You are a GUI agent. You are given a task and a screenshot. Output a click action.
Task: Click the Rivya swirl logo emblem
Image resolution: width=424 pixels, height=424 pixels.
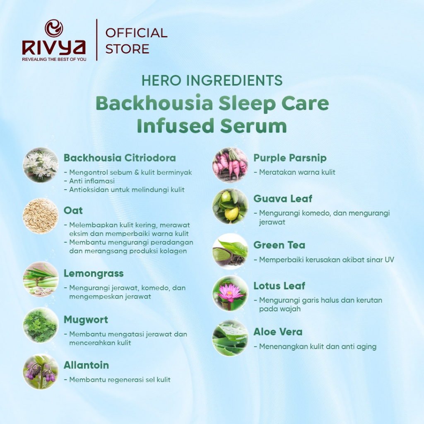[x=54, y=28]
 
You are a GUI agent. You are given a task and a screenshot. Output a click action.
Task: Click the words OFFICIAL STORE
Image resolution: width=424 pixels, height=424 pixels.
[x=136, y=41]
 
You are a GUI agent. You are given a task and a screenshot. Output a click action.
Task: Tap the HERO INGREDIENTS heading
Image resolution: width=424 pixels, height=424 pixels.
[x=212, y=80]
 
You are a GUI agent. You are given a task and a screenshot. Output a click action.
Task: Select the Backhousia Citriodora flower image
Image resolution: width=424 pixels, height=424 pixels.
[x=41, y=165]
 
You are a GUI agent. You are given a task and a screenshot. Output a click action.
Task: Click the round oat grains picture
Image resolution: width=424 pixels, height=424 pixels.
[x=41, y=216]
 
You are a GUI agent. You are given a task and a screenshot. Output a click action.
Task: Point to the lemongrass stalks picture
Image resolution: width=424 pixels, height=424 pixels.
[x=41, y=279]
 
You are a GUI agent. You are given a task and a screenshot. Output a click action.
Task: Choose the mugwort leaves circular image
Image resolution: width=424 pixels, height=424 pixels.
[x=41, y=325]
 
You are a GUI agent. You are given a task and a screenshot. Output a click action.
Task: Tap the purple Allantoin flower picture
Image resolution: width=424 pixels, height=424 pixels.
[x=41, y=372]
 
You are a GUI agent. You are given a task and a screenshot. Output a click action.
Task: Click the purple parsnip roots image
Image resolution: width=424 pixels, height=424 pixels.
[x=230, y=165]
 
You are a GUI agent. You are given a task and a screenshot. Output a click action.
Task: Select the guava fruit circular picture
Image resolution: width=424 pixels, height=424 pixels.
[x=230, y=206]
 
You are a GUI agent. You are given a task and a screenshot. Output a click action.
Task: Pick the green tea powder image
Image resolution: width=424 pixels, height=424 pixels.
[x=230, y=251]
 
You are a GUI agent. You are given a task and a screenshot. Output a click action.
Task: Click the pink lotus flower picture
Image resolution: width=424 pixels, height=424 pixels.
[x=230, y=294]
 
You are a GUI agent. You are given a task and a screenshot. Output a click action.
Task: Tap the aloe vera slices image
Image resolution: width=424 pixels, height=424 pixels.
[x=230, y=338]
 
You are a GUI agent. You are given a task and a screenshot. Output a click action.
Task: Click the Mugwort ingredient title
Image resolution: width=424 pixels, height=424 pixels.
[x=86, y=320]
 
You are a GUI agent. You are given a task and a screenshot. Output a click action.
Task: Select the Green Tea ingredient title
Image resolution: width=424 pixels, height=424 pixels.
[x=279, y=245]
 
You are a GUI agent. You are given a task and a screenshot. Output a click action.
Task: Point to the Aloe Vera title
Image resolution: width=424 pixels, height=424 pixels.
[x=278, y=332]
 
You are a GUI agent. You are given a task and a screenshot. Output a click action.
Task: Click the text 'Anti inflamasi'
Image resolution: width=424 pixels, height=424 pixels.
[x=92, y=181]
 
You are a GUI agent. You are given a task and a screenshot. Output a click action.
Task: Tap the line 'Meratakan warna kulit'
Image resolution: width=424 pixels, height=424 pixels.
[x=297, y=172]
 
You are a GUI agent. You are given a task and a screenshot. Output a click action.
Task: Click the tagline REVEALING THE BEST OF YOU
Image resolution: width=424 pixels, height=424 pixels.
[x=54, y=59]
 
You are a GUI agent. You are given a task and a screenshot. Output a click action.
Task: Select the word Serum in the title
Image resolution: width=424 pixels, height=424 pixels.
[x=253, y=126]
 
